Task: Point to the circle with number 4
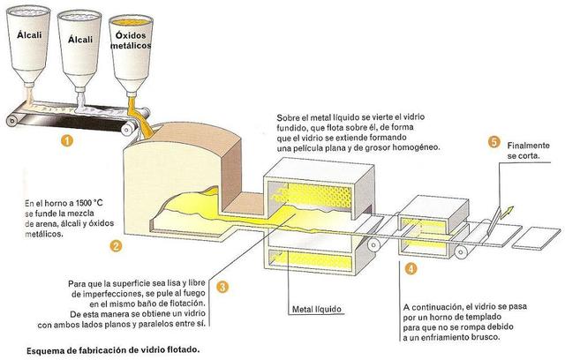click(412, 266)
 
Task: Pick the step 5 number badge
click(493, 142)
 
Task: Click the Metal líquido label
click(316, 310)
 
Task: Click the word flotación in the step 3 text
click(184, 302)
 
